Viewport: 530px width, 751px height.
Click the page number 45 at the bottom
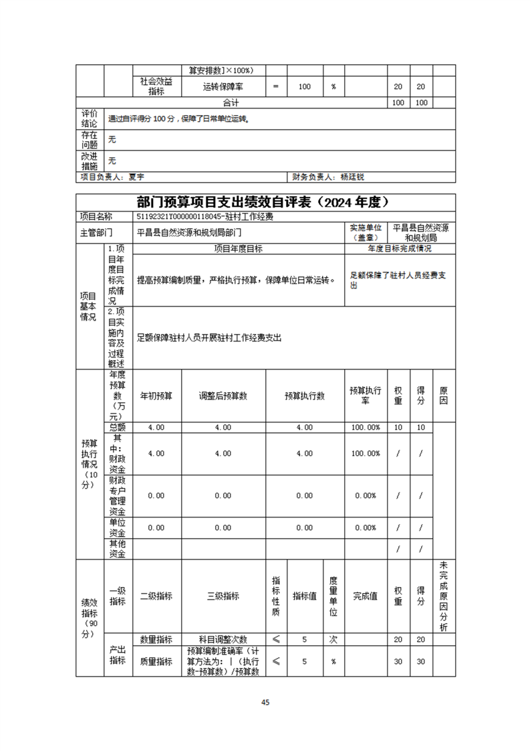coord(265,702)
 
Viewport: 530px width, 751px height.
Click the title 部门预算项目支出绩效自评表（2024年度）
coord(265,202)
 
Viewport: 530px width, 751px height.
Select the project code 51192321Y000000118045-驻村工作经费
coord(205,217)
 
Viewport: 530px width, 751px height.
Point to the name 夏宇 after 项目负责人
coord(136,177)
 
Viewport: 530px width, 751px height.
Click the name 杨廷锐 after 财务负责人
coord(352,177)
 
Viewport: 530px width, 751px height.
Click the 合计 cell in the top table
coord(231,103)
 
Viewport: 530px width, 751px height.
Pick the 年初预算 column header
coord(156,396)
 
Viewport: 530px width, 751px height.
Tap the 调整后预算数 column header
coord(223,396)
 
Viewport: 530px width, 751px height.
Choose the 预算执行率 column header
coord(366,396)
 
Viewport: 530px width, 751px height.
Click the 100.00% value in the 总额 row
coord(366,427)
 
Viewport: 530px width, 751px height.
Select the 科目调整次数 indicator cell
coord(223,640)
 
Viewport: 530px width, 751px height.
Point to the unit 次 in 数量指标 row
coord(334,640)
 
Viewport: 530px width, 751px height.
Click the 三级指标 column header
coord(223,596)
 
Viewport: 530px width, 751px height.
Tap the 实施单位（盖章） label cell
coord(366,232)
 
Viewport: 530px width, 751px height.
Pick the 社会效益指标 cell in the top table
coord(156,86)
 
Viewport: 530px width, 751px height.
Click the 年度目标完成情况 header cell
coord(400,248)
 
